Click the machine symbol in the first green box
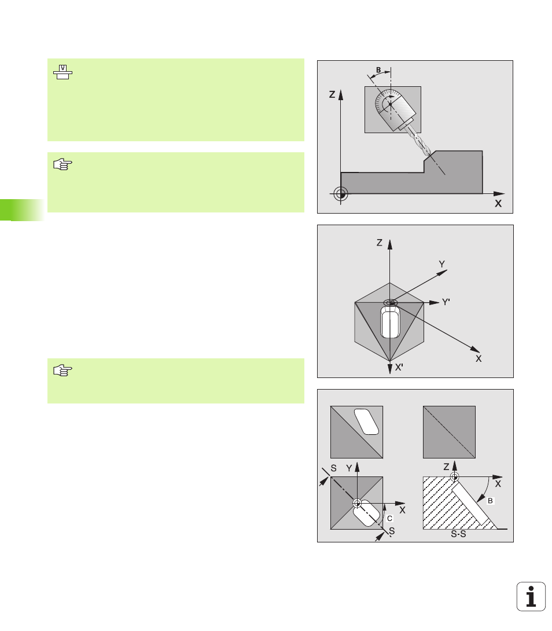pos(62,72)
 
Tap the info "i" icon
pos(531,596)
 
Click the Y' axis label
pos(446,302)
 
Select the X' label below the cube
pos(399,367)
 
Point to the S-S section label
pos(458,534)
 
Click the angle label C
pos(389,518)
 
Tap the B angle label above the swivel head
pos(378,70)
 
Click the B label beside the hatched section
pos(490,501)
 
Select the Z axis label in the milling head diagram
pos(332,94)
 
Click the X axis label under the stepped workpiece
pos(498,204)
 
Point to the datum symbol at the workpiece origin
pos(340,194)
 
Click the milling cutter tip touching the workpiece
pos(429,154)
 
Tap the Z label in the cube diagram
pos(380,243)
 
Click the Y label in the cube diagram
pos(441,264)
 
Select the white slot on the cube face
pos(390,321)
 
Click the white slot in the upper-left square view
pos(366,421)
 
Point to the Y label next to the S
pos(349,468)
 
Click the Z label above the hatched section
pos(446,467)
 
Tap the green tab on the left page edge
pos(22,210)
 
